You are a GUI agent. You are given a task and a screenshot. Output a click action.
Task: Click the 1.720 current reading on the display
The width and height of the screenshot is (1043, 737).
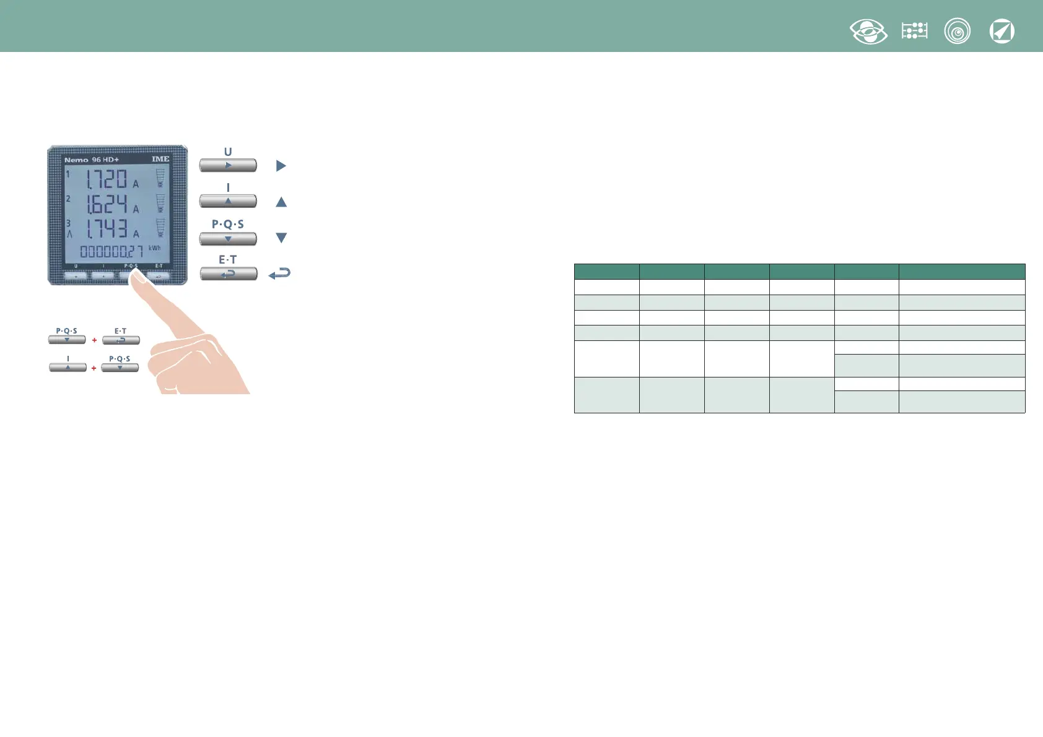(x=107, y=179)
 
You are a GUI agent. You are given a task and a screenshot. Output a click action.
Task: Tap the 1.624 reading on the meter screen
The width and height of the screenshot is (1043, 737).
(x=107, y=204)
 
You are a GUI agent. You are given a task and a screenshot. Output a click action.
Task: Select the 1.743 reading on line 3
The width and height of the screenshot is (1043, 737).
(x=107, y=228)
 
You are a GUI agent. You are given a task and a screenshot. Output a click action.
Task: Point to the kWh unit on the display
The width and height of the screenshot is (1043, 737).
(x=154, y=248)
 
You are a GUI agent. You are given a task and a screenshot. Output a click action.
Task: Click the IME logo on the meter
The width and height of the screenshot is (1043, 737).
(x=160, y=159)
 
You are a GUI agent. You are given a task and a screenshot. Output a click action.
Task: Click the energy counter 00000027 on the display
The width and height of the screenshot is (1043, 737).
(x=111, y=251)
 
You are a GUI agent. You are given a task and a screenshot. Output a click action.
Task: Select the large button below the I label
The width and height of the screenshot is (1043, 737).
(x=228, y=201)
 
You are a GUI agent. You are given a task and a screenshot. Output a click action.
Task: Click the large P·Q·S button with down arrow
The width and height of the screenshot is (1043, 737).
(x=228, y=238)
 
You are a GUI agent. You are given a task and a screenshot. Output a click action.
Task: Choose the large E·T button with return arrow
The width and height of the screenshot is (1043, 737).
(x=228, y=274)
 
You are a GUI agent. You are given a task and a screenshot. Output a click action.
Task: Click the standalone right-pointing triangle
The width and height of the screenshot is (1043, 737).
(x=281, y=166)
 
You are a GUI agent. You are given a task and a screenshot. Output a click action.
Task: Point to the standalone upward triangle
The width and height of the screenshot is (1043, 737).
(x=281, y=202)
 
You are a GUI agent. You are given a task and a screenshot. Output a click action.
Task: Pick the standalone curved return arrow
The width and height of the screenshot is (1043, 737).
(x=279, y=274)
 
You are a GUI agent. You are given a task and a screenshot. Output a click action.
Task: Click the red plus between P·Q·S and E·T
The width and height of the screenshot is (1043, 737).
(x=94, y=340)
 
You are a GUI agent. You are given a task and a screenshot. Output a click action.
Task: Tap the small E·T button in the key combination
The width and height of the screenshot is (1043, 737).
(x=121, y=340)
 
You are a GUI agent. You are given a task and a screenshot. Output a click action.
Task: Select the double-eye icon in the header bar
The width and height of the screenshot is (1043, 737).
(x=868, y=32)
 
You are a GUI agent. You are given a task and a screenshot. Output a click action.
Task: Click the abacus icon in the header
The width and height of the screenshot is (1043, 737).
(x=914, y=31)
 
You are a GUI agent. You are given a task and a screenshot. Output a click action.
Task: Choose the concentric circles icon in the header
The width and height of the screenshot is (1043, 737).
(x=957, y=32)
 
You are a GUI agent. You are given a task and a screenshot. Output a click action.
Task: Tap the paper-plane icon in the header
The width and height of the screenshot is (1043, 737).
(x=1002, y=32)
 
